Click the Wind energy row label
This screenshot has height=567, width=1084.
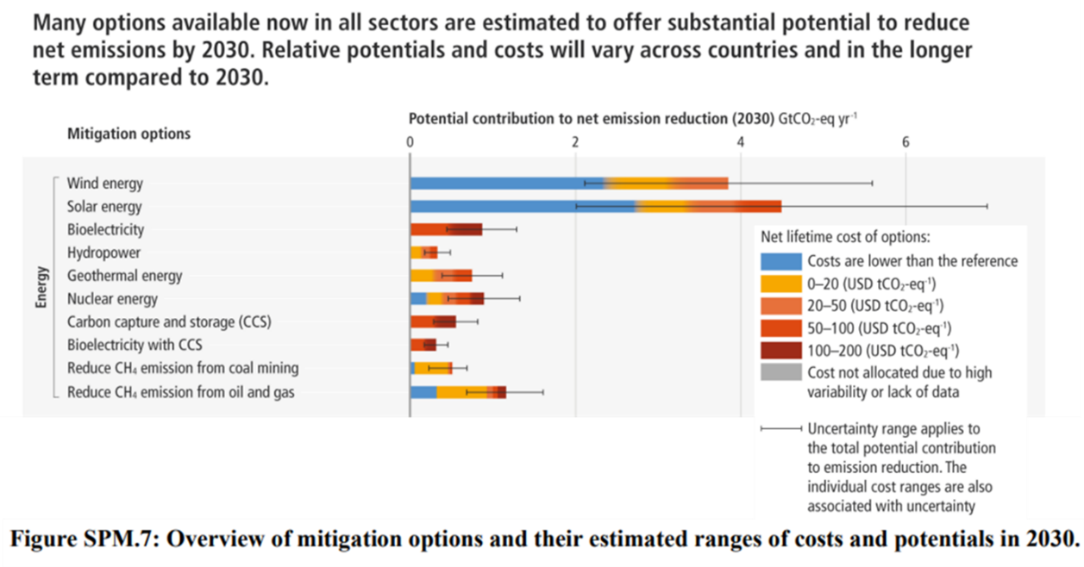click(104, 184)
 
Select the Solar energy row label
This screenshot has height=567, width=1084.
click(104, 207)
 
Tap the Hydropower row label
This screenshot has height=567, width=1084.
click(103, 252)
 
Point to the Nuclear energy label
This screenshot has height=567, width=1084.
click(112, 299)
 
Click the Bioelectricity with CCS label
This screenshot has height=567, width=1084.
click(135, 345)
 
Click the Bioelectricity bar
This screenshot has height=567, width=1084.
click(446, 229)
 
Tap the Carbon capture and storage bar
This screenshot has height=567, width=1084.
click(433, 321)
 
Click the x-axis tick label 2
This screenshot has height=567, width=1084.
click(575, 142)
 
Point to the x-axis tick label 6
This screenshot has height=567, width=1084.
click(905, 142)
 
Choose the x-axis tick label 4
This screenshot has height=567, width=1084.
click(740, 142)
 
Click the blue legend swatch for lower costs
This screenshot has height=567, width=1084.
click(780, 261)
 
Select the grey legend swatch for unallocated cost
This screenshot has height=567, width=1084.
click(780, 372)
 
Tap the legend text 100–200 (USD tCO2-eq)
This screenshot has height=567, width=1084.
click(884, 350)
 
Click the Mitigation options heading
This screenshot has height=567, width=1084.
click(128, 134)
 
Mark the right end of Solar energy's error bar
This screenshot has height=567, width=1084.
click(987, 206)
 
